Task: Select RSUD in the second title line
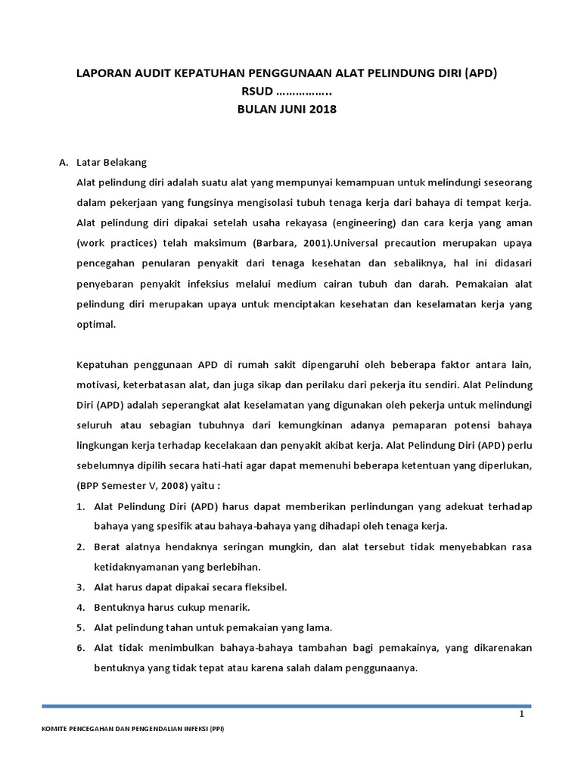tap(256, 92)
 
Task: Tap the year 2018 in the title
tap(321, 109)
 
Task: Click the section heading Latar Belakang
tap(111, 163)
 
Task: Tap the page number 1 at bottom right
tap(522, 714)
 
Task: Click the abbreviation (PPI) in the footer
tap(215, 729)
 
